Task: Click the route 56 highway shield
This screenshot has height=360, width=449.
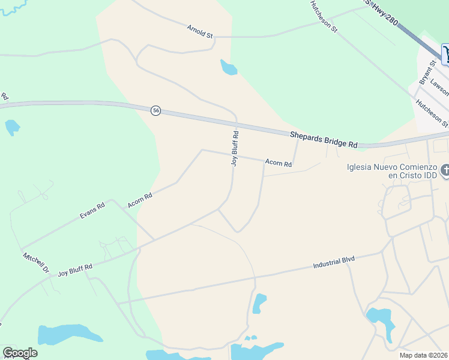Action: click(x=155, y=110)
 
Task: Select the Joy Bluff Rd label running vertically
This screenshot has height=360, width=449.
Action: click(x=236, y=148)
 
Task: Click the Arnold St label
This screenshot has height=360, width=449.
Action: click(x=200, y=32)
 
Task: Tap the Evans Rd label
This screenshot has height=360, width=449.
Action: click(x=92, y=211)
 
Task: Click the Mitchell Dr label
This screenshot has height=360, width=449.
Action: click(x=36, y=263)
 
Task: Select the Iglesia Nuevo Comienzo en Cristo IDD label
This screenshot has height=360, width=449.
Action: click(x=390, y=171)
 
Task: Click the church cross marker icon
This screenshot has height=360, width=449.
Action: click(x=445, y=170)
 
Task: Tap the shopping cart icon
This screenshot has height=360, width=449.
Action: click(x=445, y=54)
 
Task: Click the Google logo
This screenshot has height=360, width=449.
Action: click(x=20, y=353)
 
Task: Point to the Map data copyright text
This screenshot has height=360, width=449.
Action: click(x=424, y=355)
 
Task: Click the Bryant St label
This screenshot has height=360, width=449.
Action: click(x=427, y=72)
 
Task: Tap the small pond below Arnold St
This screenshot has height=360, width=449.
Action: click(x=228, y=67)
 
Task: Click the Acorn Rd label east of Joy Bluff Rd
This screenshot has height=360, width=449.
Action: click(x=279, y=163)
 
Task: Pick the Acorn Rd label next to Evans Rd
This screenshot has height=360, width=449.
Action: click(x=140, y=200)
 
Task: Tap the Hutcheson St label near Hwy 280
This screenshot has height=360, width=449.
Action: click(x=324, y=17)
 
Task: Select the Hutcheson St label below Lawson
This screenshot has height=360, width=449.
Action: click(x=433, y=112)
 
